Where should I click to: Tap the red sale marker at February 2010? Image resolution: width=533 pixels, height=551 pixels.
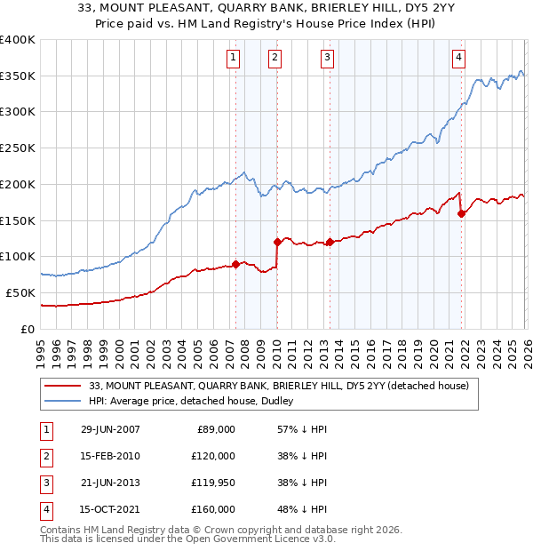pos(277,241)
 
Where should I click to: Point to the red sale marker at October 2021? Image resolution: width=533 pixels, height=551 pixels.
pos(462,212)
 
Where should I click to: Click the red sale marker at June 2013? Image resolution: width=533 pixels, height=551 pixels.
pos(330,242)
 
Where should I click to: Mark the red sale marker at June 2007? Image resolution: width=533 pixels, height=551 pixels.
pos(235,263)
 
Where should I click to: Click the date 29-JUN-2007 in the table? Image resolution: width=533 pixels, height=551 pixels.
pos(110,429)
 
